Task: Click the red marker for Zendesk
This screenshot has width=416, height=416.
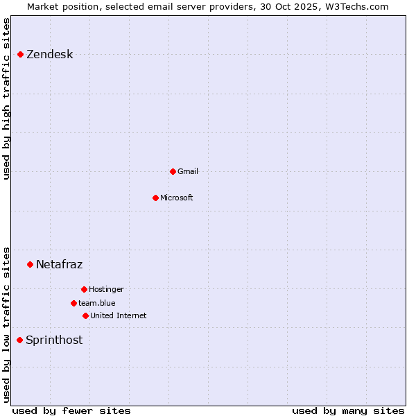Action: coord(20,54)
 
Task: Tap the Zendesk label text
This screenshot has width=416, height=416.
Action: coord(49,55)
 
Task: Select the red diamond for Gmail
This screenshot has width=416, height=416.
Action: coord(173,171)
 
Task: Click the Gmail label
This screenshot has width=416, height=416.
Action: coord(187,171)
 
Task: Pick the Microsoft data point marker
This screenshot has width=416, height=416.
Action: coord(155,198)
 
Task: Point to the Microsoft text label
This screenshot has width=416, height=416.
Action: coord(176,198)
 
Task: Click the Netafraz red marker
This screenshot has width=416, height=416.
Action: coord(30,264)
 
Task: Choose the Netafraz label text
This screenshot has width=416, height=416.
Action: coord(59,264)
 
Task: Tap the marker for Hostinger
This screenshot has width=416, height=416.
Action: coord(84,289)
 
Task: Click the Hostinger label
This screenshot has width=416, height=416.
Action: coord(106,289)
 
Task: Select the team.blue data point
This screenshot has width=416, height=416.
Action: coord(73,303)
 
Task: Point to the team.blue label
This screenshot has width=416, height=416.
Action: coord(96,303)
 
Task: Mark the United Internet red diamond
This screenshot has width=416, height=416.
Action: coord(85,315)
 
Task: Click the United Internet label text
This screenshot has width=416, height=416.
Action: coord(118,315)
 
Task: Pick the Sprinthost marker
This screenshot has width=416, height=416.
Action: coord(19,340)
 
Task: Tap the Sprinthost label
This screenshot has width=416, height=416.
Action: coord(53,340)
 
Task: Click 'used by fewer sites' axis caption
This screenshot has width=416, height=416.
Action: coord(71,411)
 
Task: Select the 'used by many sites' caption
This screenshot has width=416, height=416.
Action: coord(347,411)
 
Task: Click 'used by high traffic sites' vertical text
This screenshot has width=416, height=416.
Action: coord(7,98)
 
